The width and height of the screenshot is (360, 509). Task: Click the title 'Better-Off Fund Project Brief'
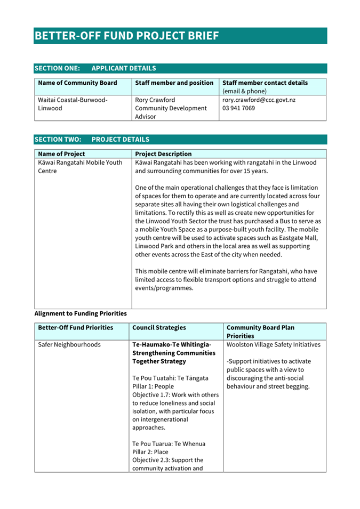(x=126, y=36)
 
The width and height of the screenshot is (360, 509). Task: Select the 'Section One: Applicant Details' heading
(x=95, y=68)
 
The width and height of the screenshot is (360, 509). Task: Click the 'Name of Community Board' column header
(x=77, y=83)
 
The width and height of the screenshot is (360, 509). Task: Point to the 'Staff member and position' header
(x=174, y=83)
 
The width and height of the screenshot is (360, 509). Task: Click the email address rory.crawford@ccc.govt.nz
(x=259, y=100)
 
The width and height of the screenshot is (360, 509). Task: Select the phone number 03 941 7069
(x=238, y=108)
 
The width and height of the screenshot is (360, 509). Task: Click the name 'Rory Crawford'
(x=155, y=100)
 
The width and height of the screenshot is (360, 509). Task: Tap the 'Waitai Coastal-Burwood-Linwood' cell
(x=73, y=104)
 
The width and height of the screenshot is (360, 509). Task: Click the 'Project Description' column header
(x=163, y=154)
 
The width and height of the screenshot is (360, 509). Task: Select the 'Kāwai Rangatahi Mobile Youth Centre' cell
(x=80, y=167)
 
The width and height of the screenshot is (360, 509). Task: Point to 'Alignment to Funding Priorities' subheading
(x=81, y=313)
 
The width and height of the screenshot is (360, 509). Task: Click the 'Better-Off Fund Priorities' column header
(x=76, y=328)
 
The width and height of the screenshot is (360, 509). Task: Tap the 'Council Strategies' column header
(x=159, y=328)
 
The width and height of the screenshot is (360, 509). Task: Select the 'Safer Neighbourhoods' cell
(x=69, y=345)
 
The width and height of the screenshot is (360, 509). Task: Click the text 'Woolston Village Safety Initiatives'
(x=274, y=345)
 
